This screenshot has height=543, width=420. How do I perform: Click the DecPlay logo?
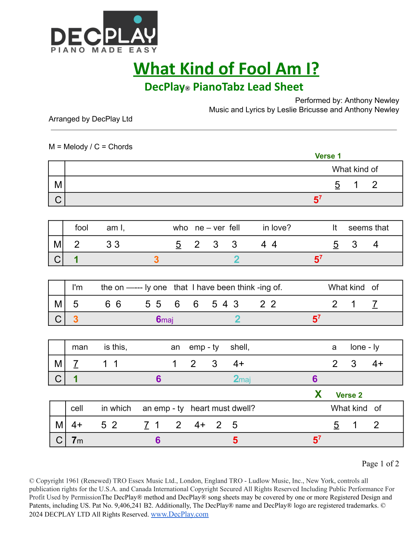click(x=104, y=32)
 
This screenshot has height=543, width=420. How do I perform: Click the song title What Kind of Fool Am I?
click(x=226, y=69)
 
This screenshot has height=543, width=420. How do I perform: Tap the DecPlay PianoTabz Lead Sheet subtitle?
click(x=224, y=87)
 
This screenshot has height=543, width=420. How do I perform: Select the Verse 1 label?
click(x=328, y=156)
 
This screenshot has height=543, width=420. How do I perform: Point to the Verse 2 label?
click(x=349, y=395)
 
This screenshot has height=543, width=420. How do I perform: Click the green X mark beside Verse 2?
click(x=318, y=394)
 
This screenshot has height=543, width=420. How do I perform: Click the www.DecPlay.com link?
click(x=180, y=514)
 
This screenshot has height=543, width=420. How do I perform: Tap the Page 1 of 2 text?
click(x=380, y=463)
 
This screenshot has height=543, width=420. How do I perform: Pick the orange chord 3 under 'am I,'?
click(x=156, y=259)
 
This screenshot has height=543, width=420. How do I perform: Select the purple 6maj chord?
click(x=164, y=319)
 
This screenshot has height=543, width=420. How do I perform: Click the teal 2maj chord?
click(x=242, y=379)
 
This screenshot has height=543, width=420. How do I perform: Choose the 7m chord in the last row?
click(x=77, y=440)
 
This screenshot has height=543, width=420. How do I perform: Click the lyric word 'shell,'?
click(x=240, y=347)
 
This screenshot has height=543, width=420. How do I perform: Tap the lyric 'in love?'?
click(x=277, y=228)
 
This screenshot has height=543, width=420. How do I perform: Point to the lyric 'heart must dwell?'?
click(x=223, y=408)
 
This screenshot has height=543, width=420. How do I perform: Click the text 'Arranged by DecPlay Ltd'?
click(x=90, y=119)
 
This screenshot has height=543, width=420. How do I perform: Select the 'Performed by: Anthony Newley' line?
click(x=347, y=100)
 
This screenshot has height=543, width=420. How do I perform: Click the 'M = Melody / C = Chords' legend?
click(x=90, y=147)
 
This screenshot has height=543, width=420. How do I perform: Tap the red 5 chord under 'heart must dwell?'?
click(x=235, y=440)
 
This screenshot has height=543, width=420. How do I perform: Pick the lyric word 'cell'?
click(x=77, y=408)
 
